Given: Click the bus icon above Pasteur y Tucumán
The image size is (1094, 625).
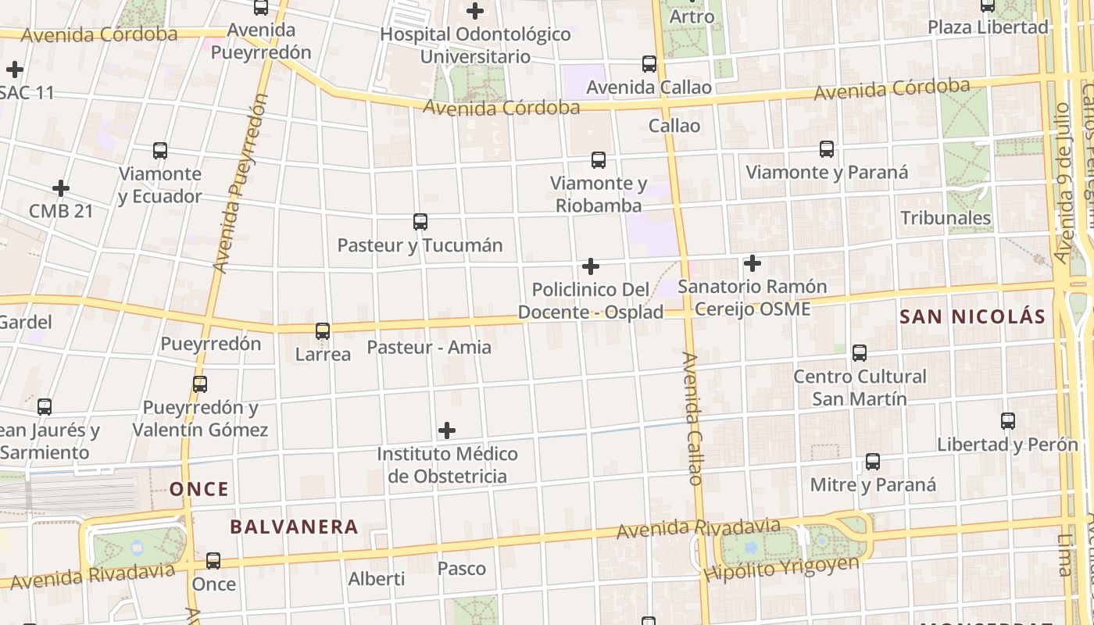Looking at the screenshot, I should pos(420,222).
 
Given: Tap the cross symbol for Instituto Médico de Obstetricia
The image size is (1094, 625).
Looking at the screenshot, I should pos(447,430).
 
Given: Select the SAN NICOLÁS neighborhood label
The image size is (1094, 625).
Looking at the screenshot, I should pos(972,316).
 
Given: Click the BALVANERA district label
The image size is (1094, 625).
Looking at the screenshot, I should pos(294,527).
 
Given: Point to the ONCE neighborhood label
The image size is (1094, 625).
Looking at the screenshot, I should pos(199,490).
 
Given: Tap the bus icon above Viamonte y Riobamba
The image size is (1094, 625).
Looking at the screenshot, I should pos(599,160).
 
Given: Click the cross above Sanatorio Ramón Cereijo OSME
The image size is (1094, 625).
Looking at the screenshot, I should pos(752,263).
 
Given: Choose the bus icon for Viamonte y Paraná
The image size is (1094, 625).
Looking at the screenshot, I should pos(827,148).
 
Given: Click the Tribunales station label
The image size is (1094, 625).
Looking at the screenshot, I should pos(946,218).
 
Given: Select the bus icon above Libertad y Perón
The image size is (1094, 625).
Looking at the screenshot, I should pos(1008,421).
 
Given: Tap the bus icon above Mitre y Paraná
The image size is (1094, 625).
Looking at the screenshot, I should pos(873,462).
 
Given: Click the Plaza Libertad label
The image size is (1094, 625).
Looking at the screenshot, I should pos(988,27).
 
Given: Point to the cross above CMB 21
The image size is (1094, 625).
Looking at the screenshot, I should pos(61,188).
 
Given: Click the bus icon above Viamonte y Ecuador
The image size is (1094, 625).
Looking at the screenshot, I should pos(160,151).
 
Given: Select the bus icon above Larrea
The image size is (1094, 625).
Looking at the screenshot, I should pos(323,331).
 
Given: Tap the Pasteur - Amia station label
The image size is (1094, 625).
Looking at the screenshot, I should pos(429,347).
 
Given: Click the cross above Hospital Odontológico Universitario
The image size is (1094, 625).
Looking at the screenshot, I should pos(475,11).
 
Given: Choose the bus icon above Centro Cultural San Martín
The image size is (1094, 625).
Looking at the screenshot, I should pos(860,353).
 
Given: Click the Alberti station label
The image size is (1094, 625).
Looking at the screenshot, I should pos(377,579).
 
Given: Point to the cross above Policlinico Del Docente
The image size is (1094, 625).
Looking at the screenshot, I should pos(591,266).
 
